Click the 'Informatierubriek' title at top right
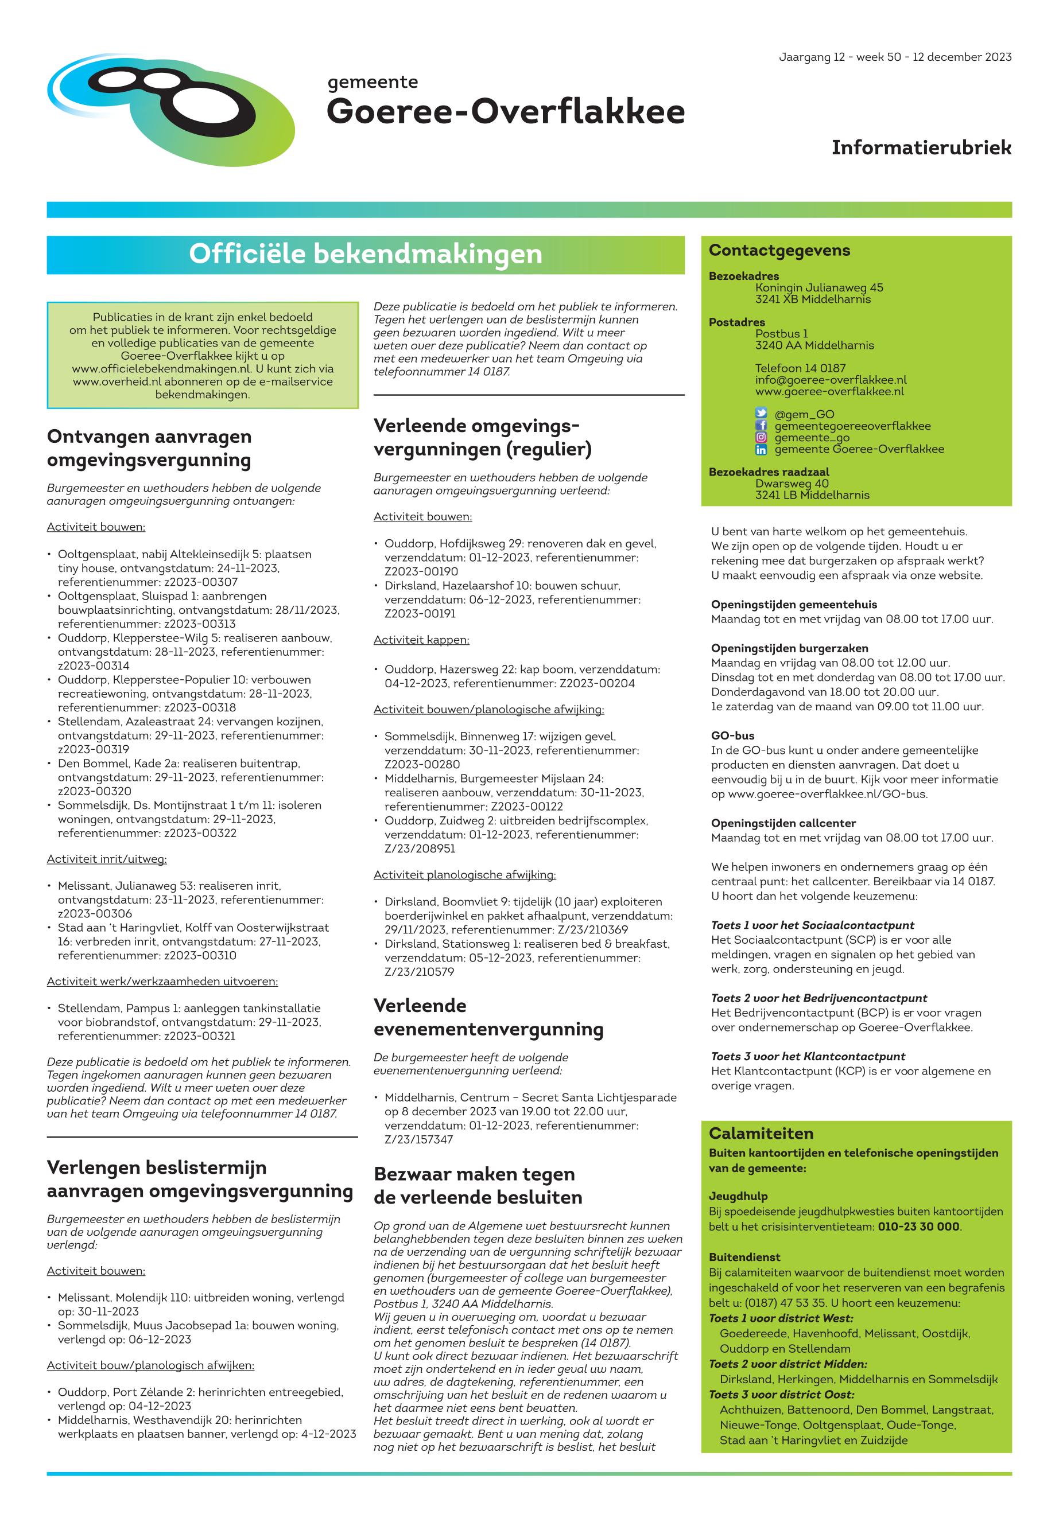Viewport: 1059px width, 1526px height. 921,148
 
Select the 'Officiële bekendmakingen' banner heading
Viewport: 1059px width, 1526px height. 365,254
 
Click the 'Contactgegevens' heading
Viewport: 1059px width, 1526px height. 779,251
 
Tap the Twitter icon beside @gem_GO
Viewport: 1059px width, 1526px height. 761,414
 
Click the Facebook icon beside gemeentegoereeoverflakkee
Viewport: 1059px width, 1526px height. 761,426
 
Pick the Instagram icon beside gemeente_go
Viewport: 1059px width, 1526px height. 761,437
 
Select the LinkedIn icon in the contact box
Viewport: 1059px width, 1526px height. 761,449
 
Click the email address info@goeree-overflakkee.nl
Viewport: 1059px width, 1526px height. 830,380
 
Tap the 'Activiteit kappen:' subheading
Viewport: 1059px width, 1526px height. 421,640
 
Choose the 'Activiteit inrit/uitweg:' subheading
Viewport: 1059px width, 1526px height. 106,859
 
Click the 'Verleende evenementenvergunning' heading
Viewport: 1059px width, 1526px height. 488,1017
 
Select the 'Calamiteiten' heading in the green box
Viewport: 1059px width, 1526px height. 761,1134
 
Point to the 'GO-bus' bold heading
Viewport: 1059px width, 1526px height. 732,736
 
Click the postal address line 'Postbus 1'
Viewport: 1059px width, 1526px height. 781,333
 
